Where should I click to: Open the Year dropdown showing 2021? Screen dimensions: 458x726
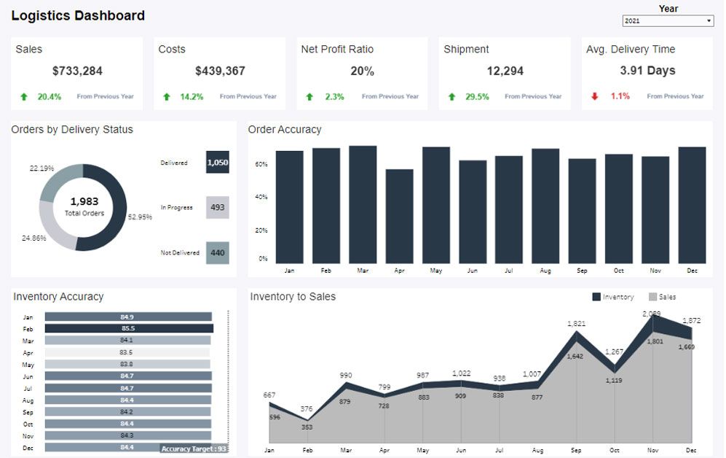coord(667,21)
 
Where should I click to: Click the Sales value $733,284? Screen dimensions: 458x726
coord(77,71)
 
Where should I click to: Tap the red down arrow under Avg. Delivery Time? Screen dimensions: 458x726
coord(594,96)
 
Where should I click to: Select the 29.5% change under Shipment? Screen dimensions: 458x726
coord(477,96)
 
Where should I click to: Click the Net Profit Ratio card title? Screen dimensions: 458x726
coord(337,49)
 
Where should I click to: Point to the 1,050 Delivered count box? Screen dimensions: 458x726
coord(217,163)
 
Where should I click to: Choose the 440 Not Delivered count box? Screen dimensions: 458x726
coord(217,253)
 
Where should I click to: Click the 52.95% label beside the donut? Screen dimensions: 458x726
coord(140,217)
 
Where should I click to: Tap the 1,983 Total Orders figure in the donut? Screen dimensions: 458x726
coord(84,202)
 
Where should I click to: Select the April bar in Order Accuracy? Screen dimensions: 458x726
coord(399,216)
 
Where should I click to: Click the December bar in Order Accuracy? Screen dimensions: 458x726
coord(692,205)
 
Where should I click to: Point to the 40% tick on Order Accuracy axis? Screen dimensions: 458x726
coord(261,197)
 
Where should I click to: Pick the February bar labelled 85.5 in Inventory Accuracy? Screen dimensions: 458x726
coord(129,329)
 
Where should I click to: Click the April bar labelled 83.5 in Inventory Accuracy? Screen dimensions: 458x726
coord(127,352)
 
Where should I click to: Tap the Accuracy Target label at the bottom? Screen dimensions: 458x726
coord(194,449)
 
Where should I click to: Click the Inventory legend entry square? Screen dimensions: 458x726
coord(596,297)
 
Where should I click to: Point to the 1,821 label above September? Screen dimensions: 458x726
coord(577,324)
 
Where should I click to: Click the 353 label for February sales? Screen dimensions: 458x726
coord(307,427)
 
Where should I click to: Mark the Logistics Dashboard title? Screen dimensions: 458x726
coord(78,15)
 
